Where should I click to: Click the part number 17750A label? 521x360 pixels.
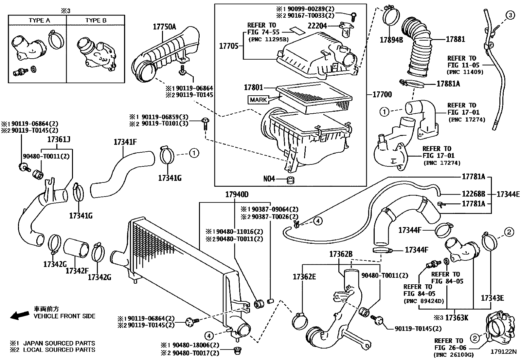click(164, 27)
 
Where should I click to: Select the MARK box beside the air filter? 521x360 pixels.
click(258, 100)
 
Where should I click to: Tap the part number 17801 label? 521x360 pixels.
click(253, 87)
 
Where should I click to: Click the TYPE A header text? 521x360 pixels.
click(39, 20)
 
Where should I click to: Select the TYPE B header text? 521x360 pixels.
click(96, 20)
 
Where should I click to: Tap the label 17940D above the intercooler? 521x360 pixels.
click(237, 195)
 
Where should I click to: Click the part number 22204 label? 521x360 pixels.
click(317, 25)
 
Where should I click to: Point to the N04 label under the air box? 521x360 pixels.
click(269, 179)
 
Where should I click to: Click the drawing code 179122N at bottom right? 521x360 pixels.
click(503, 352)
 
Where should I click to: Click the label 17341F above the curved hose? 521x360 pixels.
click(125, 142)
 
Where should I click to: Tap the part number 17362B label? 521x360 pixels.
click(341, 254)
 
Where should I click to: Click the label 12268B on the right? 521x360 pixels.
click(473, 194)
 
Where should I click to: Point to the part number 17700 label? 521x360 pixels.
click(382, 95)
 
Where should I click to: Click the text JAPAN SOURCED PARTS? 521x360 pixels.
click(59, 343)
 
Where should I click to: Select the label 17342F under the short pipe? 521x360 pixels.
click(77, 271)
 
